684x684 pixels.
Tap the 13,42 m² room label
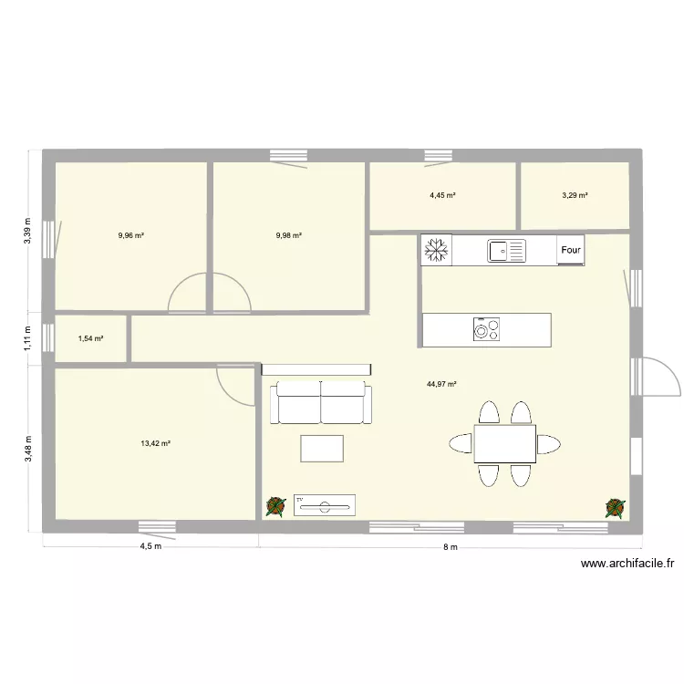(x=156, y=444)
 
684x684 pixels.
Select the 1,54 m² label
(x=90, y=338)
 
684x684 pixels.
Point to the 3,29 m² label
(x=575, y=195)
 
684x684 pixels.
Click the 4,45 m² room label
(x=442, y=195)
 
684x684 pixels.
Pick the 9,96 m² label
(x=131, y=235)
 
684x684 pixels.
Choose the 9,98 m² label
(x=288, y=235)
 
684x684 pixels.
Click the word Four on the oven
(x=571, y=249)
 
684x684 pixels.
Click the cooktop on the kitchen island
(x=486, y=328)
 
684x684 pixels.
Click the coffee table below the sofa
(x=322, y=448)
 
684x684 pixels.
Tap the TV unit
(x=325, y=504)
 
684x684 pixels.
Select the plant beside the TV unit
(x=275, y=507)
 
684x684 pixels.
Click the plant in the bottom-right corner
(x=616, y=506)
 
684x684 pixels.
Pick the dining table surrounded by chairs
(x=504, y=444)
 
